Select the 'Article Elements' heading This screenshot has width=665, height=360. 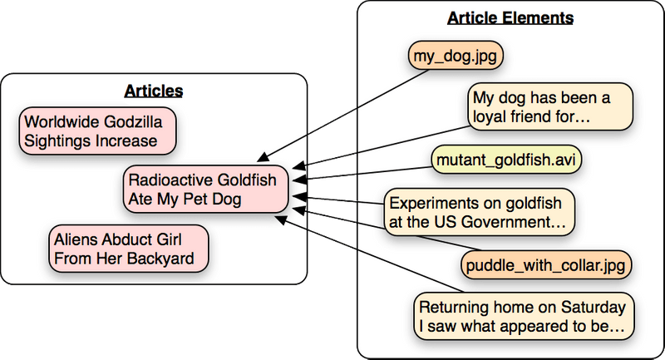[x=510, y=17]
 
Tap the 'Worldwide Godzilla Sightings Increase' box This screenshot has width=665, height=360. [x=99, y=132]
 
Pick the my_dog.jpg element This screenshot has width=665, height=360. [x=457, y=57]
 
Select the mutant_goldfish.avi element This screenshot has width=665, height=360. [x=505, y=160]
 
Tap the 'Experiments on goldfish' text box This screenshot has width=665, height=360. [x=480, y=212]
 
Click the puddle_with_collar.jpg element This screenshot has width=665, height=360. [x=545, y=265]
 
